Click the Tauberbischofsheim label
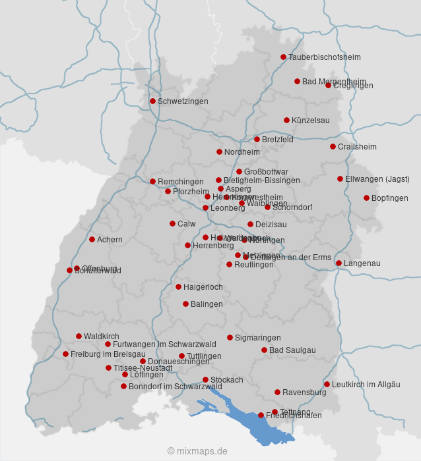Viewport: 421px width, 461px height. [324, 57]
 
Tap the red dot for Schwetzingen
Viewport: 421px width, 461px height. [152, 101]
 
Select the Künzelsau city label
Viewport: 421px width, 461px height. [310, 121]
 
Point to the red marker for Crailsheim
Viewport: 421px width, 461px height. [333, 146]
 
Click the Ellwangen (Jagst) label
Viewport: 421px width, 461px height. [377, 179]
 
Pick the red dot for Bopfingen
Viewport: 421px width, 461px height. [366, 198]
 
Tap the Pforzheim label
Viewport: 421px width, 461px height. [191, 192]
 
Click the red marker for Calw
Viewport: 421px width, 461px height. [172, 223]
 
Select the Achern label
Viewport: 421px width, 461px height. [110, 240]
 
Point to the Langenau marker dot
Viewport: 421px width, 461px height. [339, 263]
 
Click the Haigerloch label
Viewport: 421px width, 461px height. [203, 287]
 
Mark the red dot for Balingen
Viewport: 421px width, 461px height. [185, 304]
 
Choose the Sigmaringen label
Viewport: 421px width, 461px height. [257, 338]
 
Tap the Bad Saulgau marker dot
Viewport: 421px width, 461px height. [264, 350]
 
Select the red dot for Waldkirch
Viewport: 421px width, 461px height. [79, 336]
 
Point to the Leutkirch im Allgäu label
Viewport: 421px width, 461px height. [366, 385]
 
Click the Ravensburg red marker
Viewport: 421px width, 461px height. [277, 392]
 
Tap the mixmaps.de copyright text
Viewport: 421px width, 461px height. [197, 451]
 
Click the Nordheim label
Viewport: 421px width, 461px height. [242, 152]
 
